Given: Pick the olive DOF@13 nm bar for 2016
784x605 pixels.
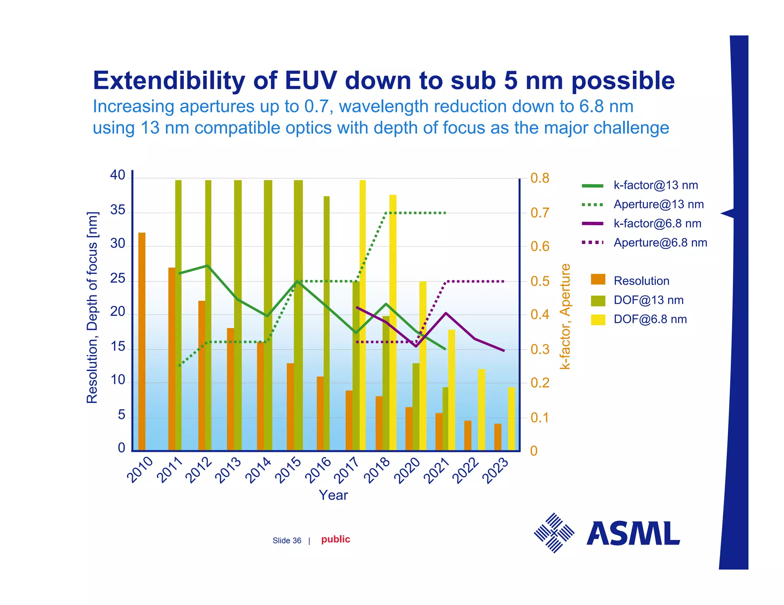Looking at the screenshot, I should (327, 323).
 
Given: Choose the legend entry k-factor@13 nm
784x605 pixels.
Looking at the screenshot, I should (655, 185).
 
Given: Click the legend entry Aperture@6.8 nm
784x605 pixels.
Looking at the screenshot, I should (660, 243).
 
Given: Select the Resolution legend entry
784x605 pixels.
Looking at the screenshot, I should (641, 281).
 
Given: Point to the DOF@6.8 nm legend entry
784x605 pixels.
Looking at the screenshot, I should (650, 319).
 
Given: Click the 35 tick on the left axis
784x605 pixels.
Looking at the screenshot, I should (118, 210).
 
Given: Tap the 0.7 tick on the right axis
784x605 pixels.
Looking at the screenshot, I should (540, 213).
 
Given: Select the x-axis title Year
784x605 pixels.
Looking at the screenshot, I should (333, 495).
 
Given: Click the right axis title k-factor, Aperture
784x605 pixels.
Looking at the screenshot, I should (565, 316).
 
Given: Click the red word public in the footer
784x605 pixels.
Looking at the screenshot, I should (335, 539).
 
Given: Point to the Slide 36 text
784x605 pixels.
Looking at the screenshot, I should (287, 541).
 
